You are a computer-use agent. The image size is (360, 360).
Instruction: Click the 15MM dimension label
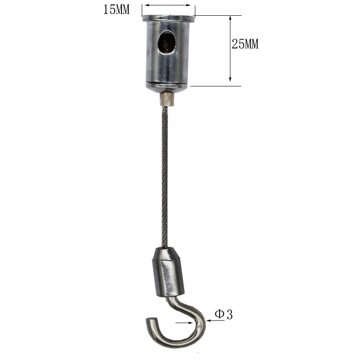tap(116, 9)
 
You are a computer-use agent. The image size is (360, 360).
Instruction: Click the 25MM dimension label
tap(245, 45)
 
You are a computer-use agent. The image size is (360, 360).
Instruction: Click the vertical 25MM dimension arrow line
tap(230, 49)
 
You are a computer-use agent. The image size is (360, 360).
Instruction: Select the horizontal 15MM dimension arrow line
tap(169, 5)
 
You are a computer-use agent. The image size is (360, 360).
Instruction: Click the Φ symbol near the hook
tap(219, 315)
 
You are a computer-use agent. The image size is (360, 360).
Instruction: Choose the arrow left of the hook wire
tap(184, 323)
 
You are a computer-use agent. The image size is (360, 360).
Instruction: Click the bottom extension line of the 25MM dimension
tap(216, 85)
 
